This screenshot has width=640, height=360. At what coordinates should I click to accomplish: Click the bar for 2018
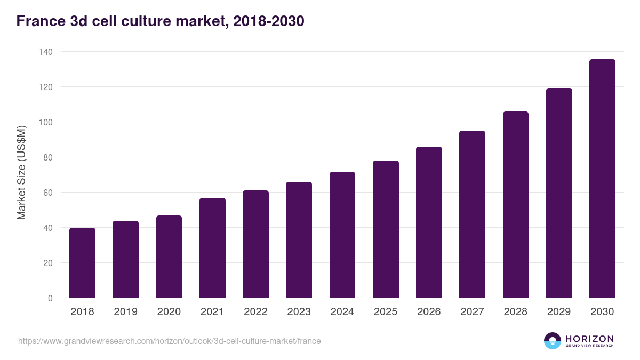coord(82,263)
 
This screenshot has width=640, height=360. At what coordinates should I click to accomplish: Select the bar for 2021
coord(212,248)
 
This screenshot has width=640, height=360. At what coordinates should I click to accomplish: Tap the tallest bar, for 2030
coord(602,179)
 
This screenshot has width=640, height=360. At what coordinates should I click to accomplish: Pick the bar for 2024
coord(342,235)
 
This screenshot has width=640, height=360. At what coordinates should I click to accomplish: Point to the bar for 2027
coord(472,214)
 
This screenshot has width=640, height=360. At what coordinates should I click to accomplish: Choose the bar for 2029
coord(559,193)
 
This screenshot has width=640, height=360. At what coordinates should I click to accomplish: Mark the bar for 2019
coord(125,259)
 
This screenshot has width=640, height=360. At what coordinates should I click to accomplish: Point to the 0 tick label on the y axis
coord(50,298)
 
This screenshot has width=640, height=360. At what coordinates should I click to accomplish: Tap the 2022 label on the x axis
coord(255,312)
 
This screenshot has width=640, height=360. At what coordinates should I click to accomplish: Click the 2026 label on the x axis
coord(429,312)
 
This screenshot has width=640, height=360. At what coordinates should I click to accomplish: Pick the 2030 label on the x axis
coord(602,312)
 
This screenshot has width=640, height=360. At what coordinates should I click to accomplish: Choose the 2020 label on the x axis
coord(169,312)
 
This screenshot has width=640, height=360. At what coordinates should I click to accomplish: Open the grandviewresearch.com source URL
coord(170,341)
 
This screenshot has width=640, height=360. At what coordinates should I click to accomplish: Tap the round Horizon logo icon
coord(553,341)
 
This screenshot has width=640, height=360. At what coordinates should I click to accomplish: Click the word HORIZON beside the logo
coord(589,338)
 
